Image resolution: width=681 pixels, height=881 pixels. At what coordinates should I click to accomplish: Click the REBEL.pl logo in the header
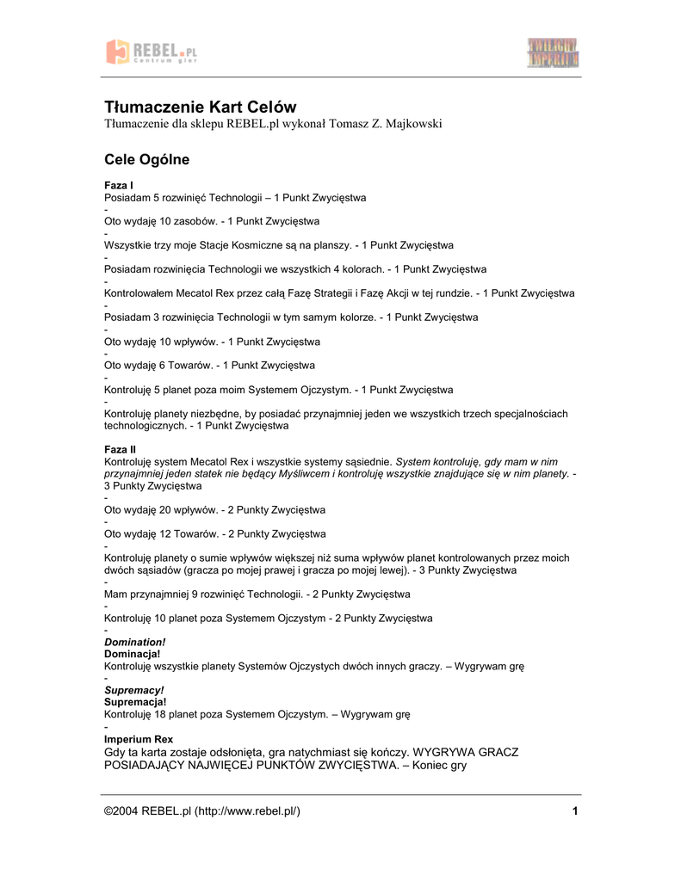tap(151, 52)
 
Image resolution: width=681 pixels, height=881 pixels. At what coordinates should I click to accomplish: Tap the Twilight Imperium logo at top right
tap(553, 52)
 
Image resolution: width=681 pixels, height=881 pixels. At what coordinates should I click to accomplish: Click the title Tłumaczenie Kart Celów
tap(200, 108)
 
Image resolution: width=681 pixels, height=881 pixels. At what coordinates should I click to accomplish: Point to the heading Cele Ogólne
tap(146, 160)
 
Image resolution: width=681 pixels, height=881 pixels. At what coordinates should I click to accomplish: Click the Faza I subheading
tap(119, 186)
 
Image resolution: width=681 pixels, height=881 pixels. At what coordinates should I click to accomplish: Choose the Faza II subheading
tap(121, 450)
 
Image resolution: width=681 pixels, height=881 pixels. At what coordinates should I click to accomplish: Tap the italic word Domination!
tap(134, 643)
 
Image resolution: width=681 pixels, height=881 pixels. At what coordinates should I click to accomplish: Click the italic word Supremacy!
tap(133, 691)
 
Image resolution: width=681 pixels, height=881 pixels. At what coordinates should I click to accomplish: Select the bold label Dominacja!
tap(132, 655)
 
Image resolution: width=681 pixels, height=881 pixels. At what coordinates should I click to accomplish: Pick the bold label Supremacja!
tap(134, 703)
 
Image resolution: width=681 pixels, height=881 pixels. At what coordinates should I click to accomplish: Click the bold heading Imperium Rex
tap(139, 739)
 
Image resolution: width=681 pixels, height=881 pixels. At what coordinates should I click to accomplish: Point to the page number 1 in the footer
tap(573, 812)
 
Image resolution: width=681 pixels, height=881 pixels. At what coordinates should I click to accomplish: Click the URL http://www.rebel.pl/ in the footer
tap(247, 812)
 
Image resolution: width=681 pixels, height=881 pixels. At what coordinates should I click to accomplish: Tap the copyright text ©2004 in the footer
tap(121, 812)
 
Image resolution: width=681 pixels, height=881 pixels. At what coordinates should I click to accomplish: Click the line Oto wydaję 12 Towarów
tap(214, 533)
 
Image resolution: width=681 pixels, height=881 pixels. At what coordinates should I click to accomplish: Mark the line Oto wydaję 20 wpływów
tap(214, 509)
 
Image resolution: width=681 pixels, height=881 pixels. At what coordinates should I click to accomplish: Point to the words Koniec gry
tap(442, 765)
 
